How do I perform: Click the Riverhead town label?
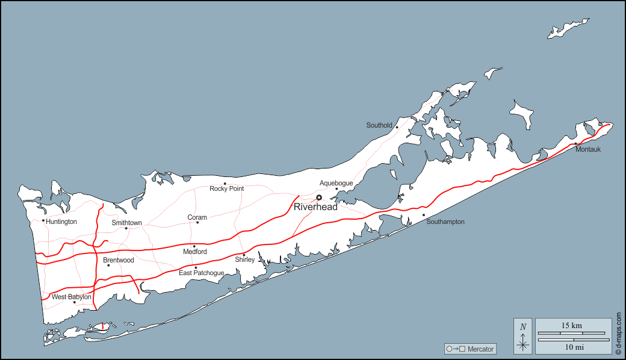point(315,207)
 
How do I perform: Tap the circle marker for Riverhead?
point(319,197)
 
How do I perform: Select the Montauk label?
point(587,149)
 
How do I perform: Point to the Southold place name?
point(379,125)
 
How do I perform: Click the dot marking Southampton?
point(424,215)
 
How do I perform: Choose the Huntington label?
point(61,222)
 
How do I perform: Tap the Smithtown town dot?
point(126,228)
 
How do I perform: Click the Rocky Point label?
point(227,188)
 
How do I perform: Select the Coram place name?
point(197,217)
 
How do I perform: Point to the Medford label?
point(195,252)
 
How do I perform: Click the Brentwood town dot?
point(108,265)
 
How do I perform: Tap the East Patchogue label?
point(202,273)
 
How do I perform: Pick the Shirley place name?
point(245,259)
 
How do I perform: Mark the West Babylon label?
point(72,297)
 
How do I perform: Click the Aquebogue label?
point(336,183)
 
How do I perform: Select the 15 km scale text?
point(571,326)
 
